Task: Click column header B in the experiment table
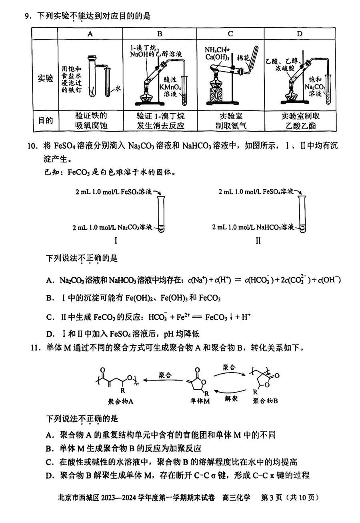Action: (160, 34)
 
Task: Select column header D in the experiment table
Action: (300, 34)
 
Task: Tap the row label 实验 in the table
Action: (45, 78)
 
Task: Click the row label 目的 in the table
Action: (46, 121)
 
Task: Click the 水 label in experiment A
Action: (118, 89)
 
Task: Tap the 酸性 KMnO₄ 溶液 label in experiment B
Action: (170, 87)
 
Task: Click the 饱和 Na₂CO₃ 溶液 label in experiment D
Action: (315, 86)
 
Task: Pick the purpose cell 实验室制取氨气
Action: (231, 121)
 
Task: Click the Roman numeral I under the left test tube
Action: (116, 241)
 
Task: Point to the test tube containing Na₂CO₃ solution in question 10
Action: (161, 214)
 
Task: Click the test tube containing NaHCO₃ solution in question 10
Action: (302, 214)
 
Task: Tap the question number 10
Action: (32, 146)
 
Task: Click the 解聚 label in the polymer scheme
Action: (231, 398)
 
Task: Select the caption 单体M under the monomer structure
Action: (200, 401)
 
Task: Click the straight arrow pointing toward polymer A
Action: (163, 380)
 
